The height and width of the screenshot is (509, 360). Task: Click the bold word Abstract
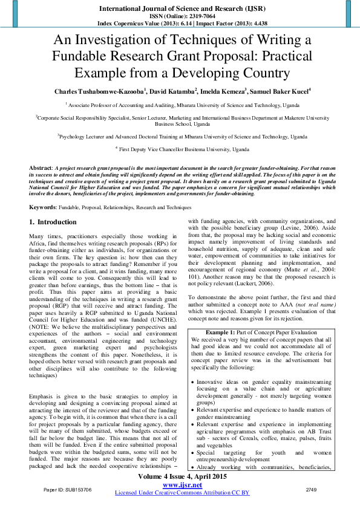pyautogui.click(x=41, y=167)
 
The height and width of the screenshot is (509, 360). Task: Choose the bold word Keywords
pyautogui.click(x=43, y=207)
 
